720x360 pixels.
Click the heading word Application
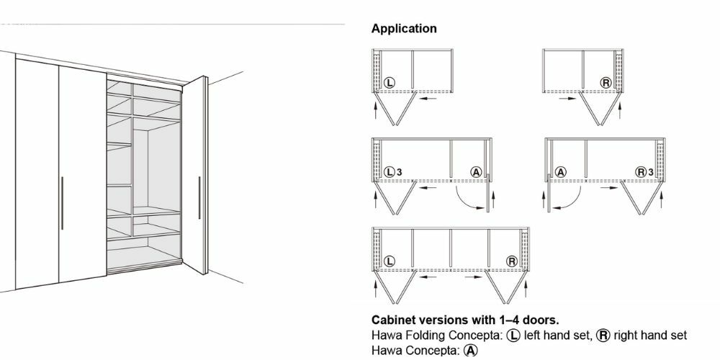403,30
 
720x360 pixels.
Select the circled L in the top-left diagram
389,83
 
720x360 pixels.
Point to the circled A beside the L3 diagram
475,172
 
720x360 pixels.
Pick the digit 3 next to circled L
398,172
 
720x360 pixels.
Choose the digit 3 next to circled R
650,172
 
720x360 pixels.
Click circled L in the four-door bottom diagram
389,261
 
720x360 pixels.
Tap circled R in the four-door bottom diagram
511,261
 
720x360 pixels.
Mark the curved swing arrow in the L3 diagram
468,199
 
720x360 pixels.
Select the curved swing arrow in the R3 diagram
568,199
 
